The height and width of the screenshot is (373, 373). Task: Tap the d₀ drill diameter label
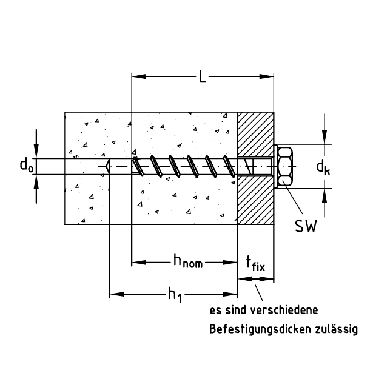coord(26,165)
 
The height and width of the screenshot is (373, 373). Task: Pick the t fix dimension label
coord(255,265)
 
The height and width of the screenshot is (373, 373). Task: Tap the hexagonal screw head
coord(285,166)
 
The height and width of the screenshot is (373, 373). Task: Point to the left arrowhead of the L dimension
coord(136,77)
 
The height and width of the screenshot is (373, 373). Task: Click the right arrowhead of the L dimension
coord(270,77)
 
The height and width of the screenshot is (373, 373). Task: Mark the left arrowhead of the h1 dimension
coord(114,295)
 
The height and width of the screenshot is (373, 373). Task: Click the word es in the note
coord(215,311)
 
